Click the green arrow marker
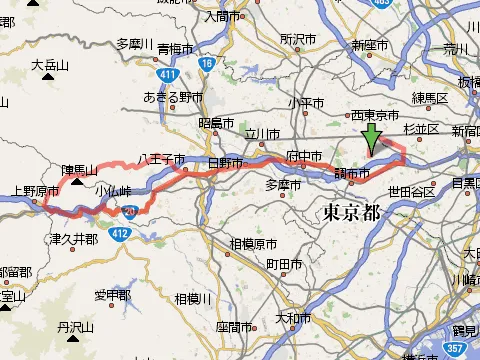(x=372, y=140)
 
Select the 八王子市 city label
(x=161, y=159)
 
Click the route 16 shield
(x=206, y=63)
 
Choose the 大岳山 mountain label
(x=48, y=66)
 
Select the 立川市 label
(x=265, y=133)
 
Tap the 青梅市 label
(x=177, y=47)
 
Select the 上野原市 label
(x=31, y=189)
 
